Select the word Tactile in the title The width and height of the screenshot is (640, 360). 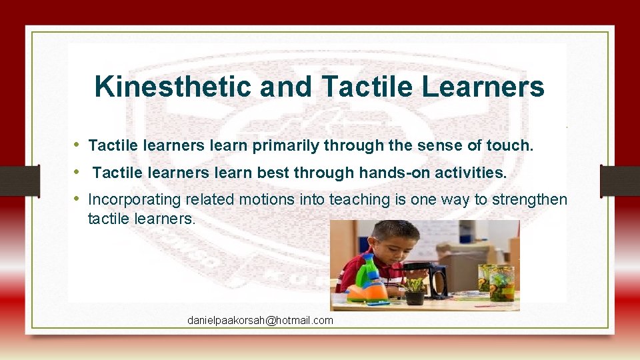357,87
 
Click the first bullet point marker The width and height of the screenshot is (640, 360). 77,145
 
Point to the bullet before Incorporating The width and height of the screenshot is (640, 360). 77,199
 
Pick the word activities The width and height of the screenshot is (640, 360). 471,173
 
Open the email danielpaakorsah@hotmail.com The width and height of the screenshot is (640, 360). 260,321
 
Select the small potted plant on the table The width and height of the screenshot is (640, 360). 415,291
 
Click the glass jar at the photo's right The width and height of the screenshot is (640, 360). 501,283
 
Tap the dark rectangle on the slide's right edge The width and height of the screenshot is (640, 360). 619,181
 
